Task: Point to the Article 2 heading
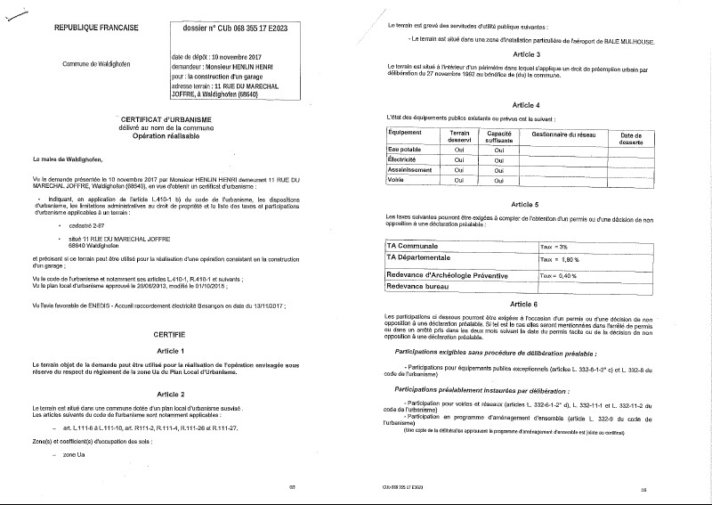(x=169, y=393)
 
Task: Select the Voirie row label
(x=398, y=180)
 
